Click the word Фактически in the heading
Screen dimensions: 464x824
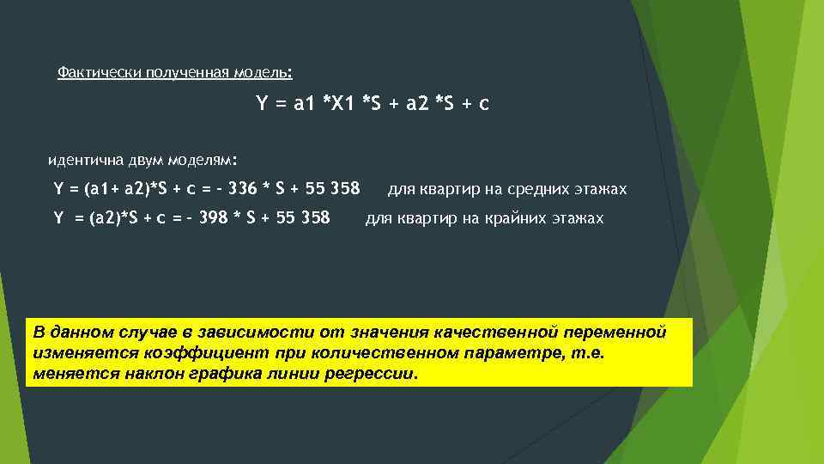click(x=91, y=72)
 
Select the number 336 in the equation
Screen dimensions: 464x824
click(x=242, y=188)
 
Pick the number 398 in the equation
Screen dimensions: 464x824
click(x=213, y=217)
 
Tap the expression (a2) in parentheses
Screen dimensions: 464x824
click(x=97, y=217)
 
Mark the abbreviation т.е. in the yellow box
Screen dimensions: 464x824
click(x=587, y=353)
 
